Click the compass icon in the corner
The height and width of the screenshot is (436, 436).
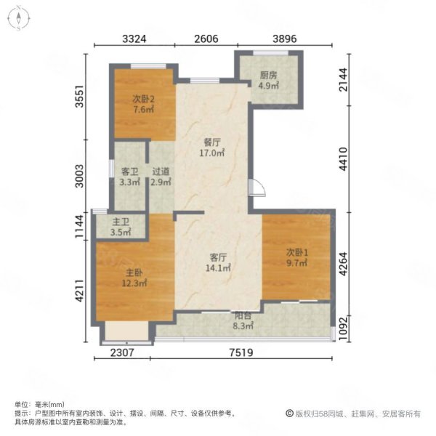point(19,18)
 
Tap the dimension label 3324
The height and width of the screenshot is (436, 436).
point(134,39)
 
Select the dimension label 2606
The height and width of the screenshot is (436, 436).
point(206,39)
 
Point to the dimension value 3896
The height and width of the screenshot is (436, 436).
point(284,39)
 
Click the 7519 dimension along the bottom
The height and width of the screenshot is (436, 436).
point(241,352)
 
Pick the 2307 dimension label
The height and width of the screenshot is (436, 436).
point(122,352)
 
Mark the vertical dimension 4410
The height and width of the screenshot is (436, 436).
point(344,158)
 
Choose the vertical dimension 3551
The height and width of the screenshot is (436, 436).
point(79,96)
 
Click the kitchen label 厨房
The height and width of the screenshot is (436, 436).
point(268,76)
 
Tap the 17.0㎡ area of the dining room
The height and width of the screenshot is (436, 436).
point(212,153)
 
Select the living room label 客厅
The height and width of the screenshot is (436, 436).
point(218,257)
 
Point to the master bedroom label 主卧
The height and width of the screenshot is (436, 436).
point(134,272)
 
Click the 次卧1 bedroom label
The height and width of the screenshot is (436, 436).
point(297,252)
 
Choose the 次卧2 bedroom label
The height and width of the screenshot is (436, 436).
point(143,99)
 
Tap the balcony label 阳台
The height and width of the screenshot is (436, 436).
point(243,316)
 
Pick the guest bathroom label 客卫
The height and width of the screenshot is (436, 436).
point(129,171)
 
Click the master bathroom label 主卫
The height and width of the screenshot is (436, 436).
point(121,222)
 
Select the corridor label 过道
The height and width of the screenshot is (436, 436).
point(161,171)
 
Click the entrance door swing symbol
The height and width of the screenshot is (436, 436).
point(257,188)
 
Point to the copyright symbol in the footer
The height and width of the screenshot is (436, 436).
point(289,413)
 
